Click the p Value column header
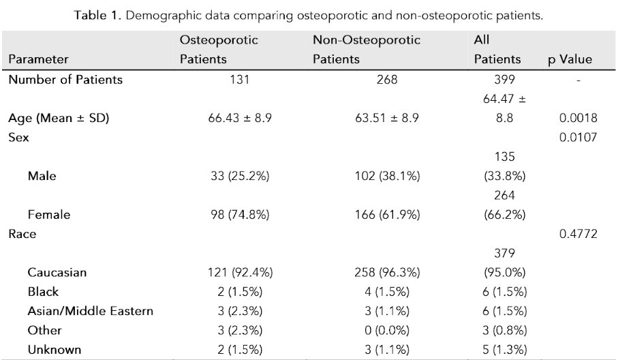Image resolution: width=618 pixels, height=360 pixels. [x=570, y=59]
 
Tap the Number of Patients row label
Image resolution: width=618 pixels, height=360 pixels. [x=65, y=80]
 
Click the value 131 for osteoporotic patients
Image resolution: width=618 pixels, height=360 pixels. [x=239, y=80]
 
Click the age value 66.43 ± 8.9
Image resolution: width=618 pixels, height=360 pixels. [x=239, y=119]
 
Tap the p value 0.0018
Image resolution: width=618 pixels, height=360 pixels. [x=578, y=119]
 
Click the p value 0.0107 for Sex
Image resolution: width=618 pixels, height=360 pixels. [x=578, y=138]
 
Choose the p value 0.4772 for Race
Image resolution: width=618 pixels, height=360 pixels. [x=578, y=235]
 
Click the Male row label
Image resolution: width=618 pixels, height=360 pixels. [x=42, y=177]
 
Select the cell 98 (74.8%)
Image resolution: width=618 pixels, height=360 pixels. [x=239, y=215]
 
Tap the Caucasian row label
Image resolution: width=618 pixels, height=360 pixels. [x=57, y=273]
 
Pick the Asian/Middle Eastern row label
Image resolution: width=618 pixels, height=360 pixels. [x=90, y=312]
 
